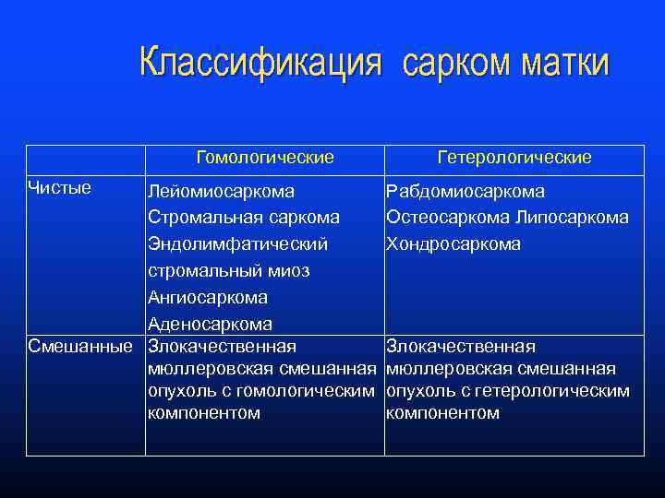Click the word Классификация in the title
click(x=260, y=64)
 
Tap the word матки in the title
click(x=565, y=64)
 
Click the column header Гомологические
click(x=265, y=158)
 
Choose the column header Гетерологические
click(x=514, y=158)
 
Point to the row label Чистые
click(x=60, y=188)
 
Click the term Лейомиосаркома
click(x=222, y=192)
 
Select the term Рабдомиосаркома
click(x=465, y=192)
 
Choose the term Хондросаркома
click(x=453, y=244)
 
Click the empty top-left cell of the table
click(x=85, y=158)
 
